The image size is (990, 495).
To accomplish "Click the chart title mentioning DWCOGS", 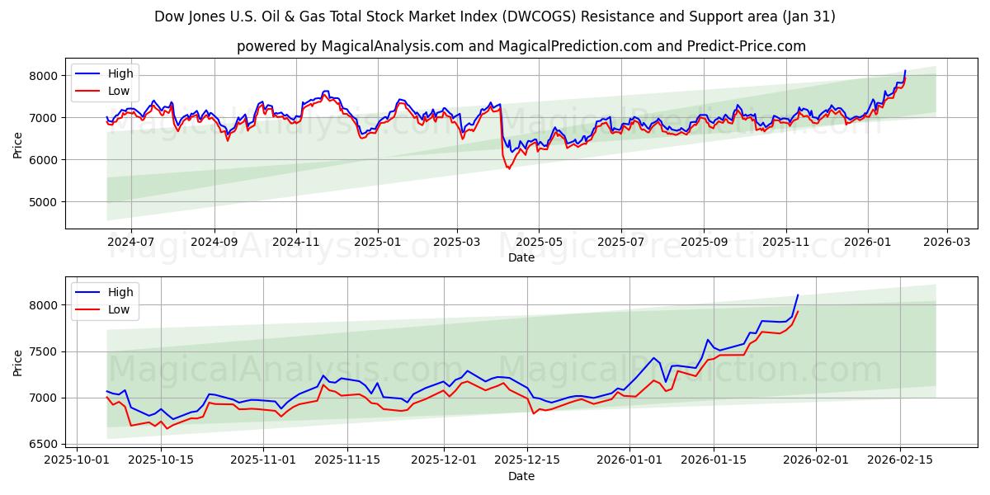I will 495,16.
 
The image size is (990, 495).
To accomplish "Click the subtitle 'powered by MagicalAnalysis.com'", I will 521,46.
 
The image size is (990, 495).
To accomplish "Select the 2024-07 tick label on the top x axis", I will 131,243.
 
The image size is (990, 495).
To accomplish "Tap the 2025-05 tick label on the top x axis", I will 539,243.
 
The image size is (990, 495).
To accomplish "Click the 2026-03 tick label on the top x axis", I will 946,243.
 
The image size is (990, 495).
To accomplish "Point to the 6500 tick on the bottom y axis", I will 44,444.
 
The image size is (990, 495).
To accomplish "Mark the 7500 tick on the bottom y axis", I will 44,351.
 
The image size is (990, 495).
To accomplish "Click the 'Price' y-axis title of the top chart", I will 18,145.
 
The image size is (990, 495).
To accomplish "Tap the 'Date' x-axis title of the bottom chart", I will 521,476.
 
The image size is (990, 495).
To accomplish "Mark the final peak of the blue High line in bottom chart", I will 798,295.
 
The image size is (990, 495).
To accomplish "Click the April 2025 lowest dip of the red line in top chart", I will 508,168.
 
